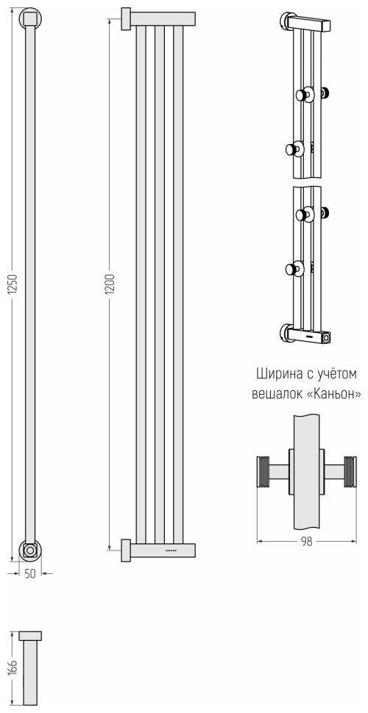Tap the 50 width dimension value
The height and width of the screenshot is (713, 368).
[x=29, y=573]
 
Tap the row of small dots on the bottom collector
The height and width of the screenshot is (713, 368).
[x=171, y=550]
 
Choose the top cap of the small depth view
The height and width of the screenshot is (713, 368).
[x=29, y=635]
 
